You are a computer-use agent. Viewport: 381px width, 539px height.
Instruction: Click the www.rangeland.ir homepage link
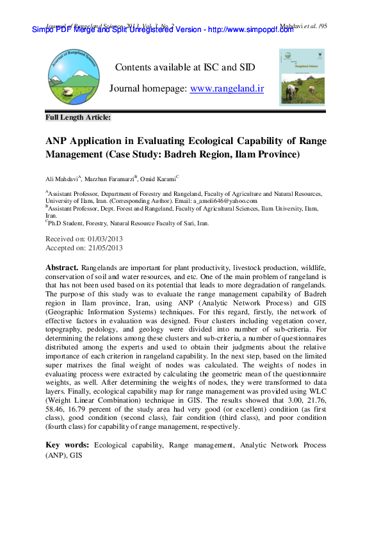227,89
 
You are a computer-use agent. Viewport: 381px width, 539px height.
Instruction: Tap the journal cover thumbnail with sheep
302,77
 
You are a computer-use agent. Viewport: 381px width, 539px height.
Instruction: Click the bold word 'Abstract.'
62,266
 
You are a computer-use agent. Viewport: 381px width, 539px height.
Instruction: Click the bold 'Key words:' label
68,444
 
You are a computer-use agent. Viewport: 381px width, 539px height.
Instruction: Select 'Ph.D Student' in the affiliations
69,223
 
